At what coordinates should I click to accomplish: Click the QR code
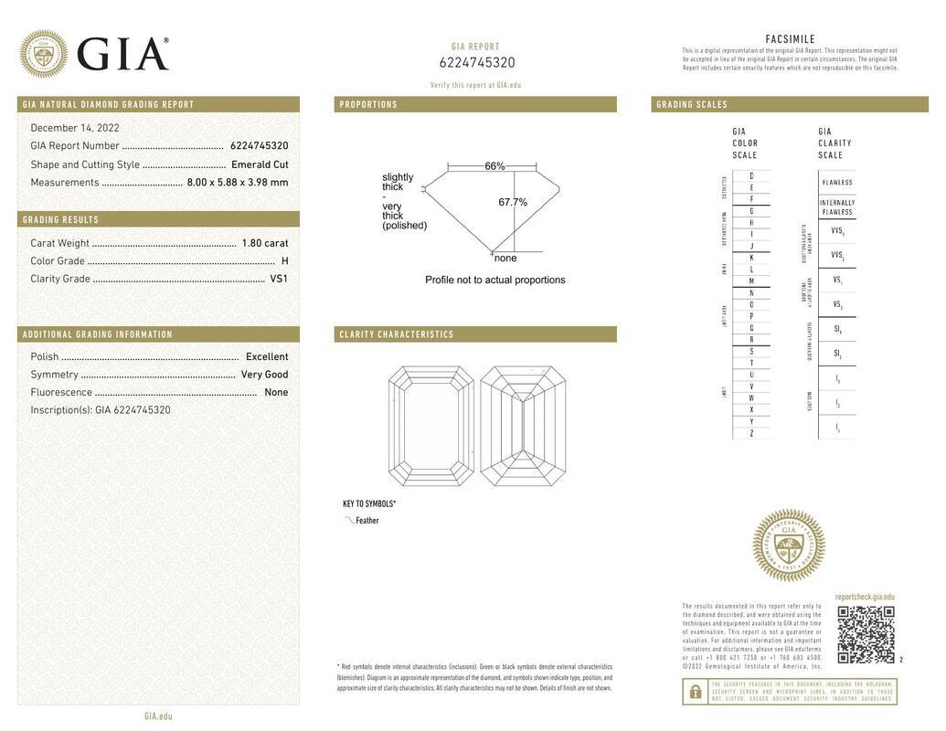point(866,634)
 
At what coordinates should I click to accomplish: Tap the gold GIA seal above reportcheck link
point(788,546)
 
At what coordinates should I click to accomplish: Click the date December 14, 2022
point(75,128)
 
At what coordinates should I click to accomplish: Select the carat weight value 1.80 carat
point(264,243)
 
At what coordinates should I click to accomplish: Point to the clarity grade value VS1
point(279,279)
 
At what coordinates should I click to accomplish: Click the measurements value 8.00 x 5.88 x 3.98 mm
point(238,182)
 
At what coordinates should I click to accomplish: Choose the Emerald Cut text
point(260,164)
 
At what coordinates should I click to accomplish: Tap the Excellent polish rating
point(267,356)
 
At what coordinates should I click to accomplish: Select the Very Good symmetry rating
point(264,375)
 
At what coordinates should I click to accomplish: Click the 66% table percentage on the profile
point(494,166)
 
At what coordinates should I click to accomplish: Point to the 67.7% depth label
point(513,202)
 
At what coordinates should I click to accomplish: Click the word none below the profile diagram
point(505,258)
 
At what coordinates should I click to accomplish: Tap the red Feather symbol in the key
point(349,520)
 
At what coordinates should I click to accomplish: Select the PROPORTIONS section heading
point(369,105)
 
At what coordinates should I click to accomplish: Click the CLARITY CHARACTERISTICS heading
point(397,334)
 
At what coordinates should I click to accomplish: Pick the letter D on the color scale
point(751,175)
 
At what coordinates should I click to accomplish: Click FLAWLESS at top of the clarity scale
point(836,182)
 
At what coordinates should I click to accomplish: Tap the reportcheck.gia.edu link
point(865,597)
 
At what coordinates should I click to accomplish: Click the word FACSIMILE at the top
point(790,39)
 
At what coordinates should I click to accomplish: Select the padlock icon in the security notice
point(695,692)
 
